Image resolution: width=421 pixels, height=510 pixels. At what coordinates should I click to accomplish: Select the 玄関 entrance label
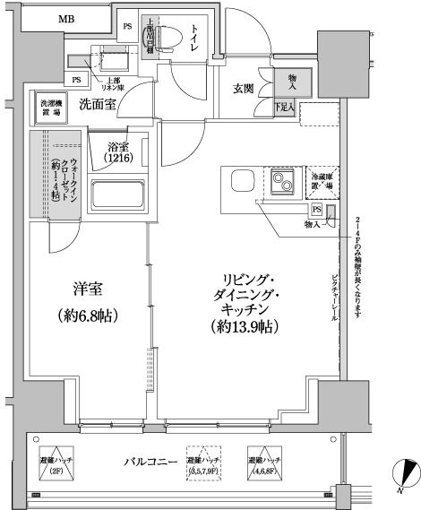[x=245, y=88]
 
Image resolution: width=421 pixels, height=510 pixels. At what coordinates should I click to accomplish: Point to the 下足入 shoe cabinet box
[x=285, y=108]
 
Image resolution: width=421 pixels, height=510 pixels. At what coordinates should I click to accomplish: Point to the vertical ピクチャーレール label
[x=335, y=296]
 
